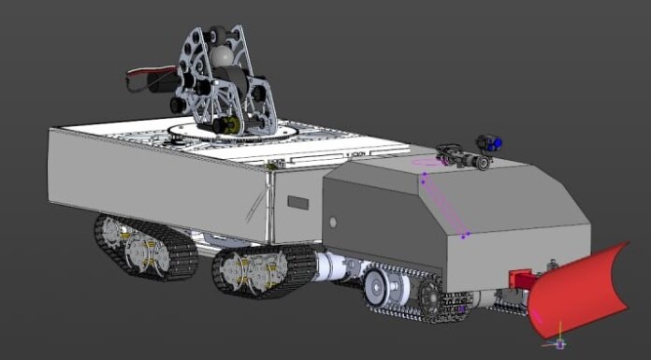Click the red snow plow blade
pyautogui.click(x=580, y=290)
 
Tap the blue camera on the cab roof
pyautogui.click(x=490, y=143)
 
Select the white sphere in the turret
pyautogui.click(x=222, y=56)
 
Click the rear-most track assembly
pyautogui.click(x=145, y=248)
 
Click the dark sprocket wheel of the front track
pyautogui.click(x=431, y=297)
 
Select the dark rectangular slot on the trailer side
pyautogui.click(x=298, y=202)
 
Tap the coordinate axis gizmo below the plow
pyautogui.click(x=559, y=338)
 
